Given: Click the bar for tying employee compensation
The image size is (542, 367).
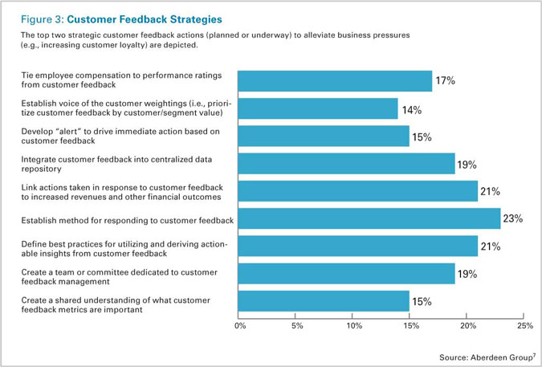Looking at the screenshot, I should click(336, 81).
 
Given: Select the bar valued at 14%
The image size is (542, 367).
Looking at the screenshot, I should click(319, 109).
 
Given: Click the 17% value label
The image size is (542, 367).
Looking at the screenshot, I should click(445, 81).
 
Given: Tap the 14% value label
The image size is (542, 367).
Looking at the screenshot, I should click(412, 110).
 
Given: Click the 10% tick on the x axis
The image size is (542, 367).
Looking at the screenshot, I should click(353, 326).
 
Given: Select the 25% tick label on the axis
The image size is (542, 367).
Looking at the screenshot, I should click(524, 326).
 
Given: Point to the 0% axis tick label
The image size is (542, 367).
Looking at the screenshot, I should click(240, 326).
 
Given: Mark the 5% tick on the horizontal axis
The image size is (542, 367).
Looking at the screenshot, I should click(296, 326).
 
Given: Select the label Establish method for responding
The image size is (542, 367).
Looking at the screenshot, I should click(127, 219).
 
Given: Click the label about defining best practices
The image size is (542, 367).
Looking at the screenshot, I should click(122, 247).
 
